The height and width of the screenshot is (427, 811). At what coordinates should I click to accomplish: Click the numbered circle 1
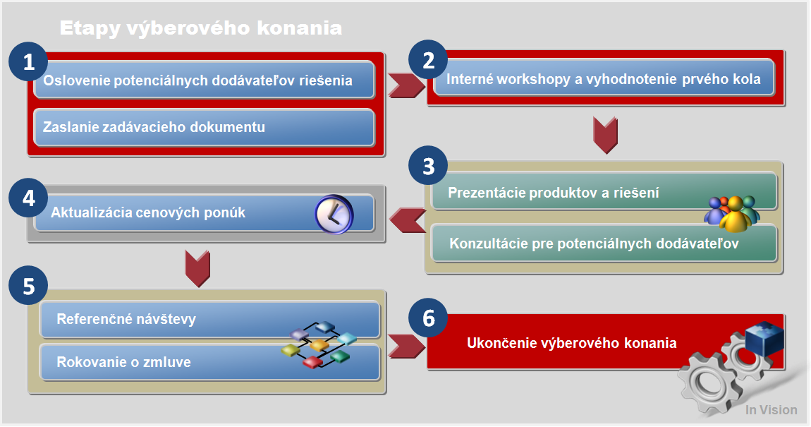pos(28,62)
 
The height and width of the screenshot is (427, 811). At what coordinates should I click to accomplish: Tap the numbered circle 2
pos(428,60)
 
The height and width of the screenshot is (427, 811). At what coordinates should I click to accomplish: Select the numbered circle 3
pos(428,166)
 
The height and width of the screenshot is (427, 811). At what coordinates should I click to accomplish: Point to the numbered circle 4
pos(28,198)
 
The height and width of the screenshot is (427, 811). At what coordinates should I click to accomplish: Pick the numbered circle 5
pos(28,286)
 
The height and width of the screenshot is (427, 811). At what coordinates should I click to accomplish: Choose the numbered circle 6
pos(428,318)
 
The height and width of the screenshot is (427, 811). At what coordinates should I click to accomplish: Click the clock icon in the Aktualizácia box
pos(334,215)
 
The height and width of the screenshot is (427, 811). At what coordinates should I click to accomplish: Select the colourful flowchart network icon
pos(319,344)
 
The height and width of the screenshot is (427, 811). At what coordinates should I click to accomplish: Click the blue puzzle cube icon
pos(765,339)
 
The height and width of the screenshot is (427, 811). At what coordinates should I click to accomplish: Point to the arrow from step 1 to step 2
pos(406,85)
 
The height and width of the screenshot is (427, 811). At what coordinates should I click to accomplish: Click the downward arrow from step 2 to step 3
pos(605,136)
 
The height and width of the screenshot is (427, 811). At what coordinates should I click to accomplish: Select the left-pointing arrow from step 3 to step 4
pos(408,220)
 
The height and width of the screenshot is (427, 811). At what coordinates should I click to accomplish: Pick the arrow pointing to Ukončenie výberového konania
pos(406,347)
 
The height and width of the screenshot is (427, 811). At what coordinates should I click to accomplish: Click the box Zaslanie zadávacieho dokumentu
pos(204,127)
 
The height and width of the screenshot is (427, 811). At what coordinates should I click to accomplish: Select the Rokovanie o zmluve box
pos(210,362)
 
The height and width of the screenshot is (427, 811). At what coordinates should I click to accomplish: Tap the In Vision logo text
pos(772,410)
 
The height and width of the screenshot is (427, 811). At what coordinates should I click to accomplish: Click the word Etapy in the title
pos(90,28)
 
